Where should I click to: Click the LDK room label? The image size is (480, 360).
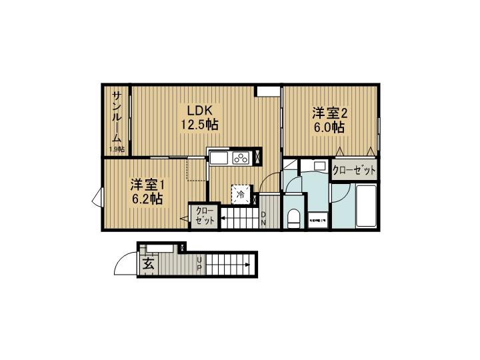click(200, 110)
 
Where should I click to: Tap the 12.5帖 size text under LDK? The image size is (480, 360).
click(200, 125)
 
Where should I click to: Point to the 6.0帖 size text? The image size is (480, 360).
click(329, 127)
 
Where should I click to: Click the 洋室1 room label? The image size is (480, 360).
click(147, 183)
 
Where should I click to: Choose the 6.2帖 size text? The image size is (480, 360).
click(147, 198)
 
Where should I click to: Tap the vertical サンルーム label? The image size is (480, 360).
click(117, 117)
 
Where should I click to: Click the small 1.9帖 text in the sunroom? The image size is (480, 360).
click(117, 149)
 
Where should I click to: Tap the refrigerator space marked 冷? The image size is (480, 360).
click(241, 195)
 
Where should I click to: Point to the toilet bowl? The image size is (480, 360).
click(292, 217)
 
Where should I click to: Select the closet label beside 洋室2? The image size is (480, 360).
click(355, 171)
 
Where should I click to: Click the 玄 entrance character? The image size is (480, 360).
click(148, 265)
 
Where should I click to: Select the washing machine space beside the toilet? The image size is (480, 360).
click(317, 219)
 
